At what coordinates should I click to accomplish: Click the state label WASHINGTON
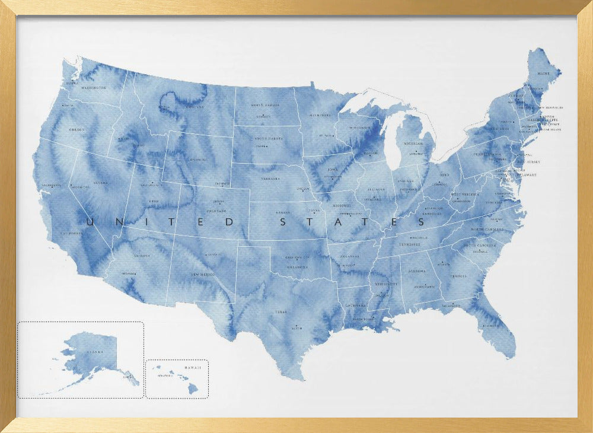pos(94,87)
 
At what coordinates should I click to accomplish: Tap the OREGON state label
pos(77,129)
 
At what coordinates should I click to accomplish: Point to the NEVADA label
pos(100,183)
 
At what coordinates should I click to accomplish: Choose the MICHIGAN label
pos(413,144)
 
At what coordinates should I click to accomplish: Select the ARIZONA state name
pos(142,256)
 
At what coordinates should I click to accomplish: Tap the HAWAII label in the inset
pos(193,368)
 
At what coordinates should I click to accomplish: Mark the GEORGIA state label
pos(458,276)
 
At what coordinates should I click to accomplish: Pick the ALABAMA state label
pos(416,270)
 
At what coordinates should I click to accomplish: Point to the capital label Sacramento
pos(52,186)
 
